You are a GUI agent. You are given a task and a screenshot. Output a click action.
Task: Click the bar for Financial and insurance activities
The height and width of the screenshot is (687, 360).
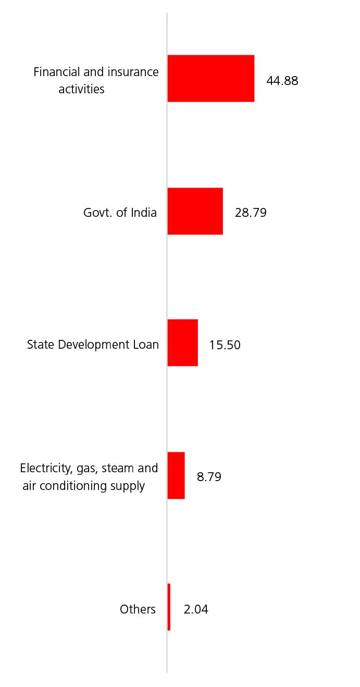210,78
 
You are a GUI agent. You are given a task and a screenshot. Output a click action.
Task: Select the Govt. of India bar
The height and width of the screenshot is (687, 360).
195,211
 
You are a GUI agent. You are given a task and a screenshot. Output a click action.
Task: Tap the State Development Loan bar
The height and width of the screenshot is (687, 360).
182,342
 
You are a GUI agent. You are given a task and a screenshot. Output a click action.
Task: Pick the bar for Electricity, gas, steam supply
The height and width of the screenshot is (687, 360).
176,475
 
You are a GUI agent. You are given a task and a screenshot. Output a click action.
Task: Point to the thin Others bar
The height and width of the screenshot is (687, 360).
169,607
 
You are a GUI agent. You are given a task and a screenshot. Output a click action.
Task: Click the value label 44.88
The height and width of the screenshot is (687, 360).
282,81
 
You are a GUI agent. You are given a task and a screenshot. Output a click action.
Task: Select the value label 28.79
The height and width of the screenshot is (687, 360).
251,213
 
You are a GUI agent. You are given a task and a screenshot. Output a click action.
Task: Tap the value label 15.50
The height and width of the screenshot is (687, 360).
225,345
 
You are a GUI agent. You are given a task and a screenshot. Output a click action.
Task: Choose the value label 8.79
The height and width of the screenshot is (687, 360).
209,477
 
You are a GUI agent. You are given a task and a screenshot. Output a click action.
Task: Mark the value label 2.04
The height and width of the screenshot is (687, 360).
196,609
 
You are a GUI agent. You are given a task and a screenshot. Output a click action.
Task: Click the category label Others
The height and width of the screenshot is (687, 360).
138,609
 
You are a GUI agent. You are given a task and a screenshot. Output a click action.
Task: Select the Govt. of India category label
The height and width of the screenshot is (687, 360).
120,213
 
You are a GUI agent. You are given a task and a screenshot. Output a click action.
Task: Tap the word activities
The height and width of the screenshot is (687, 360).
81,89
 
